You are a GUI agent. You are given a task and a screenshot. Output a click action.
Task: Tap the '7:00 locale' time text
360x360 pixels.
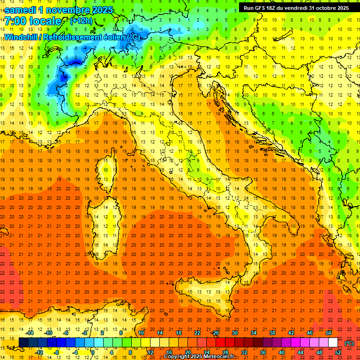(33, 21)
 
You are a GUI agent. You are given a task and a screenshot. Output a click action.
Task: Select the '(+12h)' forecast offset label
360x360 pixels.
(81, 21)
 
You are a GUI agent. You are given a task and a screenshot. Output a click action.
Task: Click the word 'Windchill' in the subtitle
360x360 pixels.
(21, 37)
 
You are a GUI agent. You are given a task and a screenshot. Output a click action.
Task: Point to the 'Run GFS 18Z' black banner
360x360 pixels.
(296, 8)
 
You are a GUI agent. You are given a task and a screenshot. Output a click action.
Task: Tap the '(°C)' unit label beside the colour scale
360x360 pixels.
(349, 343)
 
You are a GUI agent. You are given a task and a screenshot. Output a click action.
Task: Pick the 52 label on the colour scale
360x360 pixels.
(338, 352)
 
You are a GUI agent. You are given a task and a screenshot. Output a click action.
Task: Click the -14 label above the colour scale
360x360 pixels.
(30, 333)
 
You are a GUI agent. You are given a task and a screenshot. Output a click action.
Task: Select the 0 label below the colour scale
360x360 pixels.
(93, 352)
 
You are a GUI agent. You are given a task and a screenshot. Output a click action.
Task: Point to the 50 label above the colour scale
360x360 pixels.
(329, 333)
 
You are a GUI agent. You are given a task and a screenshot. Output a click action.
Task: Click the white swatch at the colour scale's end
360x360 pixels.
(333, 343)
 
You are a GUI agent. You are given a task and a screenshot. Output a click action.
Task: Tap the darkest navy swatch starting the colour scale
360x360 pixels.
(23, 343)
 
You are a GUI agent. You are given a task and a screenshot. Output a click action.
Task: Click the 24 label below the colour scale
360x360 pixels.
(206, 352)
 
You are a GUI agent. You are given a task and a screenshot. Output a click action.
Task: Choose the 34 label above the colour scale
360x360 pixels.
(254, 333)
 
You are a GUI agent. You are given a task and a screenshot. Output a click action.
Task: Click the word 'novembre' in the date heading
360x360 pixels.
(67, 9)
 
